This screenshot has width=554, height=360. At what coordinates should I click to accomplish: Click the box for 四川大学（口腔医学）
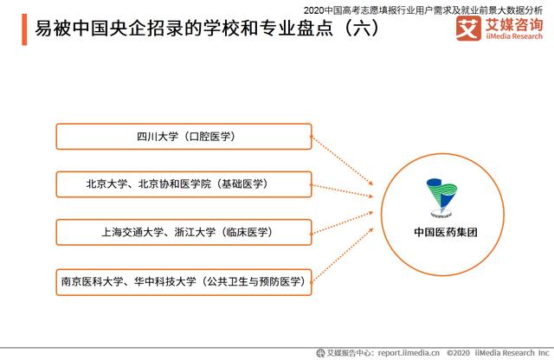tap(184, 137)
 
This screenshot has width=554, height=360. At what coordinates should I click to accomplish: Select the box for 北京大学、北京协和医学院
tap(184, 184)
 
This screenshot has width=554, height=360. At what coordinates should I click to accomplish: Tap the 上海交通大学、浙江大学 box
tap(184, 232)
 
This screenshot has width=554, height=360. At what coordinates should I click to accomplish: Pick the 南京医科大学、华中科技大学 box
tap(184, 280)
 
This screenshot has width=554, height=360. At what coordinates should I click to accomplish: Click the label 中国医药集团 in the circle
tap(446, 232)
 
